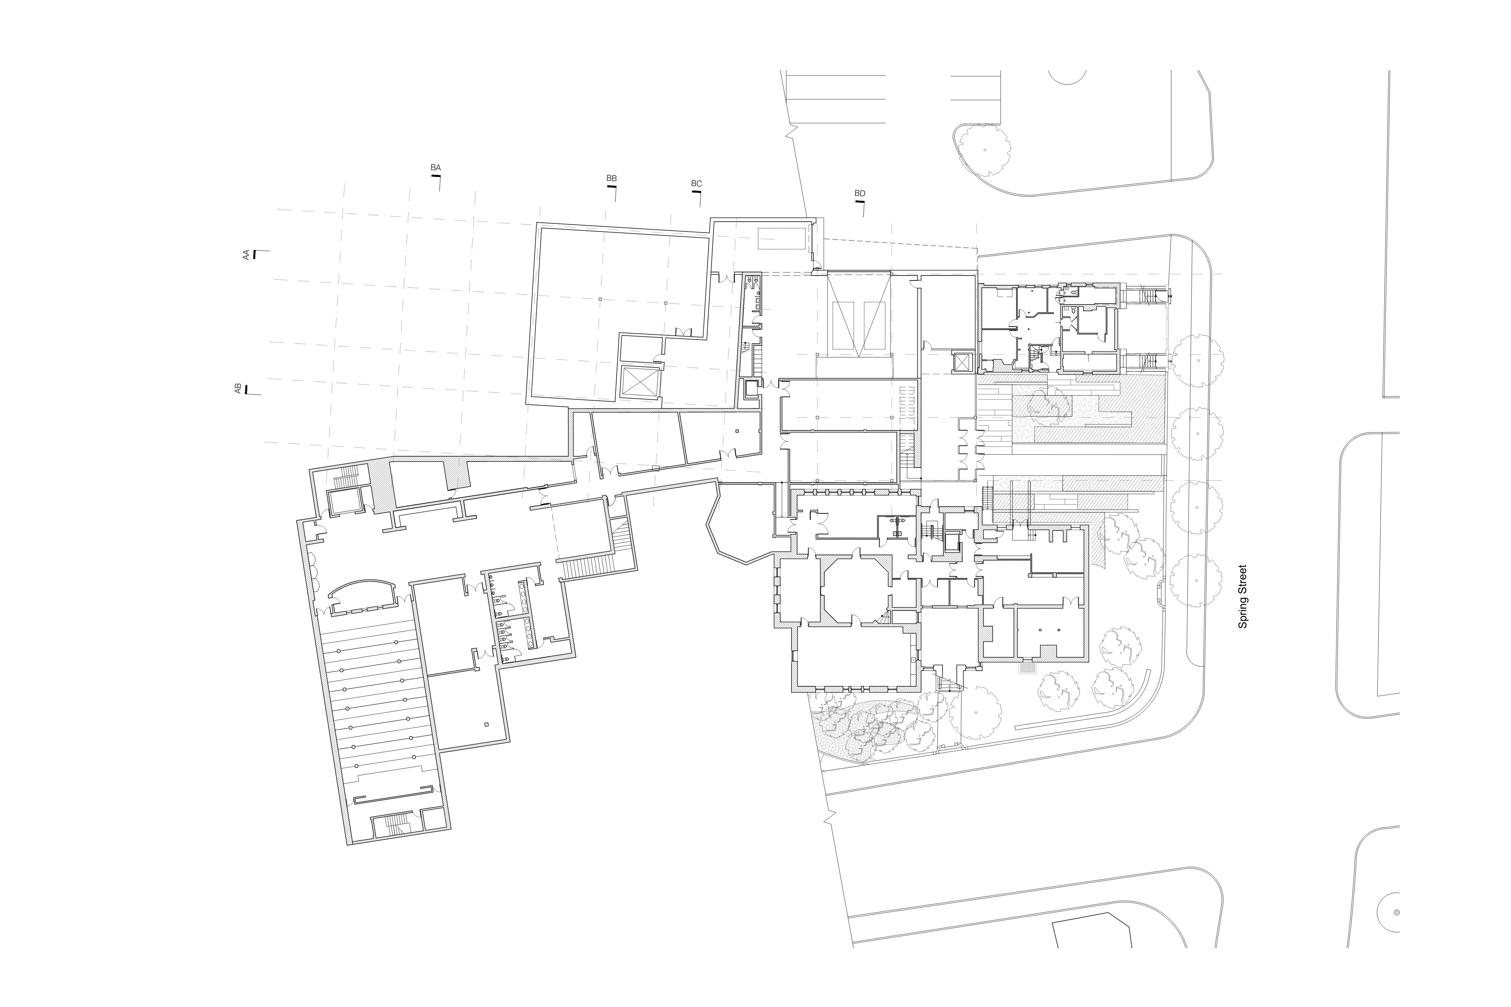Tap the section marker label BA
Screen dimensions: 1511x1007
(x=435, y=167)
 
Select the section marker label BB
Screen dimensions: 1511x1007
(x=612, y=178)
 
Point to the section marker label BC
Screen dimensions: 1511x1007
(x=696, y=184)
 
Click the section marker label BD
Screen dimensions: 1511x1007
(x=860, y=193)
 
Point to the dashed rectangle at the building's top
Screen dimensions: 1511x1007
(x=781, y=238)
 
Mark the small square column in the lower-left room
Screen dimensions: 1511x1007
(x=486, y=724)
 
